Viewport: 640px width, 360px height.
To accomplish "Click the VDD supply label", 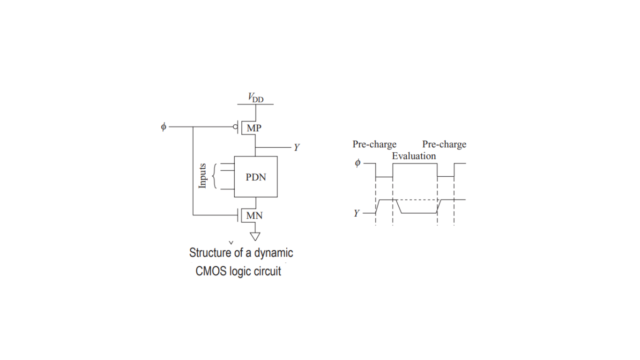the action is tap(256, 97).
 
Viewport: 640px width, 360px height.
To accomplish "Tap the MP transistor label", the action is tap(254, 128).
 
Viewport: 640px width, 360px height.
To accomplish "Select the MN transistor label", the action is tap(254, 216).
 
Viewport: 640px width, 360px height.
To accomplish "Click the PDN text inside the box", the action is tap(256, 177).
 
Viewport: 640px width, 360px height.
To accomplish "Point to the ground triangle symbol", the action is tap(255, 236).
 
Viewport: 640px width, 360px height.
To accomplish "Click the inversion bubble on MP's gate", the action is tap(235, 127).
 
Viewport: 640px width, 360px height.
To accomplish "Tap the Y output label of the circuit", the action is tap(297, 148).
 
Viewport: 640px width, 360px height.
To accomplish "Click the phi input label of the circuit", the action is tap(164, 127).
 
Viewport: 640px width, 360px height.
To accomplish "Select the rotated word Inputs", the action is tap(202, 176).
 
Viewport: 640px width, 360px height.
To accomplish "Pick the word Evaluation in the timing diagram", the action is tap(414, 156).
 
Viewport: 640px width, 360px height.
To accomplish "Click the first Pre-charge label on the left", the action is tap(374, 144).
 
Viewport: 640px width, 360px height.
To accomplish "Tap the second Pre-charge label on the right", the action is tap(444, 144).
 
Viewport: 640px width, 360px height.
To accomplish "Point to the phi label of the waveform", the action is tap(357, 163).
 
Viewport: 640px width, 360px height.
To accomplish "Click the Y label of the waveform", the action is tap(357, 213).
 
